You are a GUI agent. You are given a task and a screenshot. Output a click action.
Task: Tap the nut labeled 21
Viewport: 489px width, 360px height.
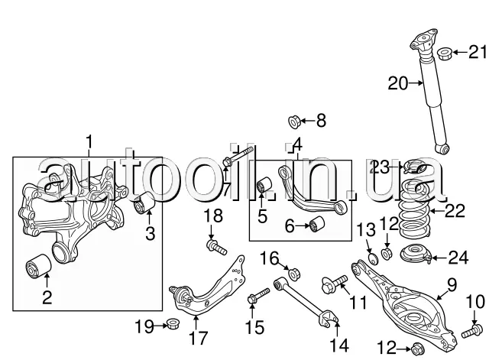[445, 54]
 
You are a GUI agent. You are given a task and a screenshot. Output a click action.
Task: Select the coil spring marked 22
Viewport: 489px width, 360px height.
[415, 208]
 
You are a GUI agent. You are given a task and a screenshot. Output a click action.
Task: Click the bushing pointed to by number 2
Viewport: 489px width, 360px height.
[37, 268]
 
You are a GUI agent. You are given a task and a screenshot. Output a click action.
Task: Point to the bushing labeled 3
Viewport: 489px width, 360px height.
[144, 203]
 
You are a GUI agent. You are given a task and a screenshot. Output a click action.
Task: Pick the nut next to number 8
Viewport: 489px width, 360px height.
[294, 122]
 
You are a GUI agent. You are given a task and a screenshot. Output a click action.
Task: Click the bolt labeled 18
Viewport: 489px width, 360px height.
[216, 247]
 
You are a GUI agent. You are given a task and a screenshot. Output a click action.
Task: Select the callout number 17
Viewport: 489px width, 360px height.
[198, 339]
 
